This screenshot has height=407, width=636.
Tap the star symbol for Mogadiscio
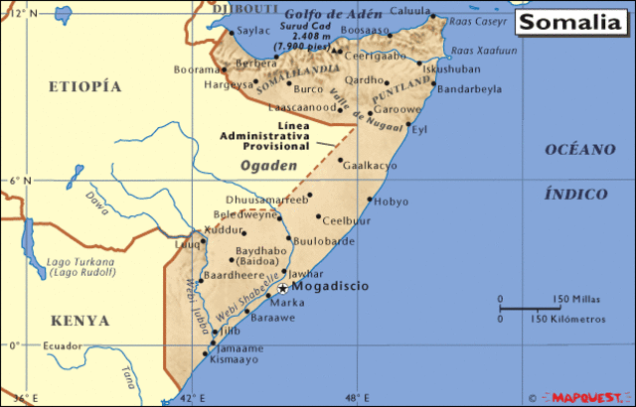282,287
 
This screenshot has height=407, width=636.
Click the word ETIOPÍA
91,87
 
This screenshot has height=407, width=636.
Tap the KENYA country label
76,322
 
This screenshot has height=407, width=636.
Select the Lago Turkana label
80,262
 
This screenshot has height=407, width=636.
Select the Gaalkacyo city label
368,166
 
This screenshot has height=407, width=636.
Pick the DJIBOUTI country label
243,7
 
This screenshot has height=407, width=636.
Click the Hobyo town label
392,202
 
